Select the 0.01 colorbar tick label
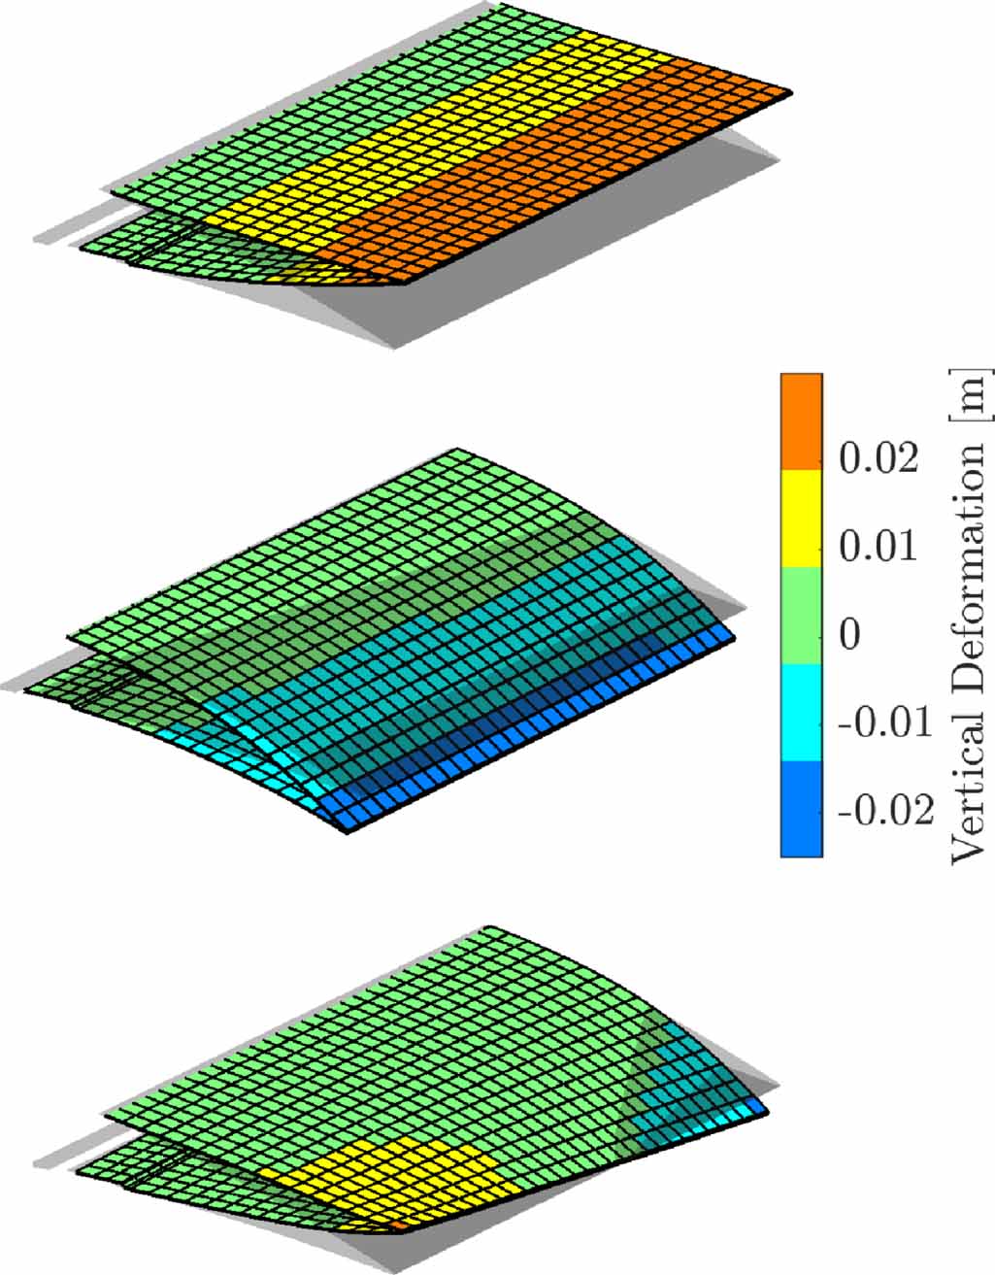click(878, 547)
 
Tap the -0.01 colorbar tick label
click(884, 722)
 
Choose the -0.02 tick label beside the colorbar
click(884, 811)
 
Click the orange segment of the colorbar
click(802, 421)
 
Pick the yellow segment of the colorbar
click(802, 519)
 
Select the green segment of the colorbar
click(802, 616)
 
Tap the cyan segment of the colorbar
click(802, 712)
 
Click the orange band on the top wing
click(544, 185)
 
